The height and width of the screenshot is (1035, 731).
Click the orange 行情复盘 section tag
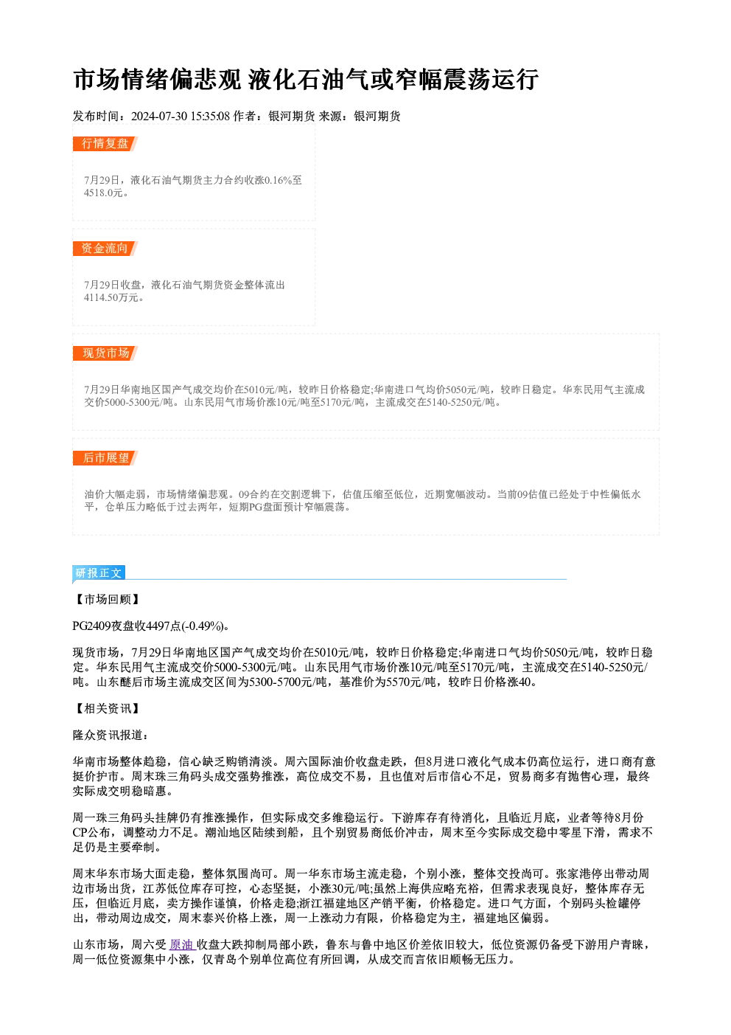105,144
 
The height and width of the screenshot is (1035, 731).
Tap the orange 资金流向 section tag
105,249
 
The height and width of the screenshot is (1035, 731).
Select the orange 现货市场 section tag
105,353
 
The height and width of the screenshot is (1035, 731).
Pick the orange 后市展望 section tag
105,458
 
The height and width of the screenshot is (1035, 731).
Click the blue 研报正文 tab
99,573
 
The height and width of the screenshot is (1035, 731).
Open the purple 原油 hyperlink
181,944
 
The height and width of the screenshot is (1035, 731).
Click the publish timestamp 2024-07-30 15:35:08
181,117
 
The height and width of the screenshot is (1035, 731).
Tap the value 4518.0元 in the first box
103,193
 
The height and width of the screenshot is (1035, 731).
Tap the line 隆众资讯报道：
111,735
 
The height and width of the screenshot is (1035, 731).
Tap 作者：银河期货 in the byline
274,117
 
